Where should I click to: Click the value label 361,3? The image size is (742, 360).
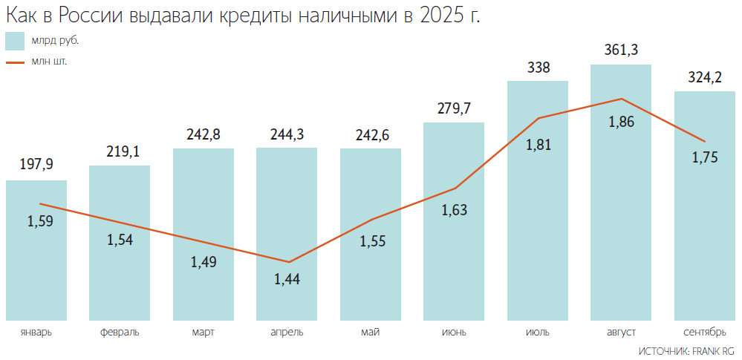[x=621, y=50]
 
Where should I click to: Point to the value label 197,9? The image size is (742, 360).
[x=36, y=165]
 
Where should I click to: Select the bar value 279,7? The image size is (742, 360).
[x=454, y=108]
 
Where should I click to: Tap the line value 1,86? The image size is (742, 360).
[x=621, y=122]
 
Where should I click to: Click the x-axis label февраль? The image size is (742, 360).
[x=120, y=332]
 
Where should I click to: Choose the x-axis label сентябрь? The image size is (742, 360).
[x=704, y=332]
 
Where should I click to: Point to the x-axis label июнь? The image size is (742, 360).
[x=454, y=332]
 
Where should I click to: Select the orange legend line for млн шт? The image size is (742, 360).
[x=16, y=62]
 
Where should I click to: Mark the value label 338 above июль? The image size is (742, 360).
[x=538, y=68]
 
